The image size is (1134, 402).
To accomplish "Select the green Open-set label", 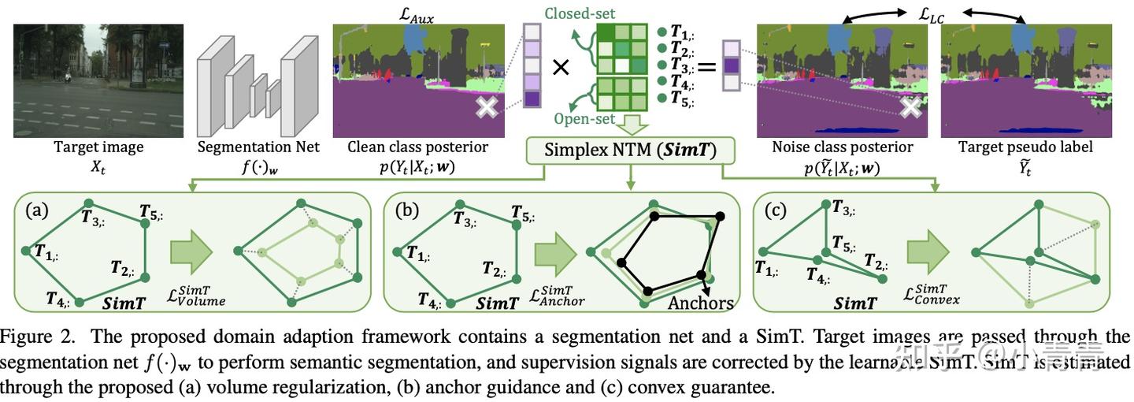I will (x=584, y=119).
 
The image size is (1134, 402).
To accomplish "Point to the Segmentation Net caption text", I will (x=258, y=147).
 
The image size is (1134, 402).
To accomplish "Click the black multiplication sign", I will (x=560, y=68).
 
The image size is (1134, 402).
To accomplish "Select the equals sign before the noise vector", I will (x=706, y=68).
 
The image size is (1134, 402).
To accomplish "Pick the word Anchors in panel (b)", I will (x=701, y=303).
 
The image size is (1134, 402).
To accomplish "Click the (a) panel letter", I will (x=36, y=210).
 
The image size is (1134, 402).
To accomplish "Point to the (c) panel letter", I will (x=775, y=210).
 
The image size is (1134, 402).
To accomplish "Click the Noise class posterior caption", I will (x=842, y=147).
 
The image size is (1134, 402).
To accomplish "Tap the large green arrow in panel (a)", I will (x=191, y=252).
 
